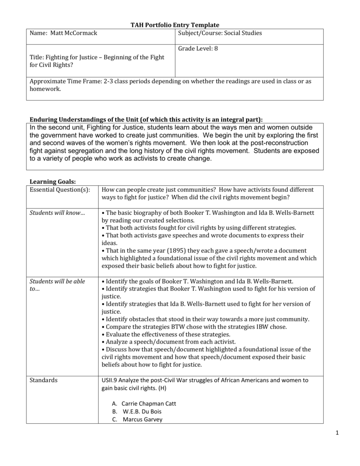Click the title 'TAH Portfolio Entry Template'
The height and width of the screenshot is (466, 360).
pyautogui.click(x=180, y=25)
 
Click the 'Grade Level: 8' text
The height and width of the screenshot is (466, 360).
pyautogui.click(x=198, y=48)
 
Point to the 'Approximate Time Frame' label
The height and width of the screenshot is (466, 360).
pyautogui.click(x=65, y=81)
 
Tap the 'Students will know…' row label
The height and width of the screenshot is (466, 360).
pyautogui.click(x=57, y=213)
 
